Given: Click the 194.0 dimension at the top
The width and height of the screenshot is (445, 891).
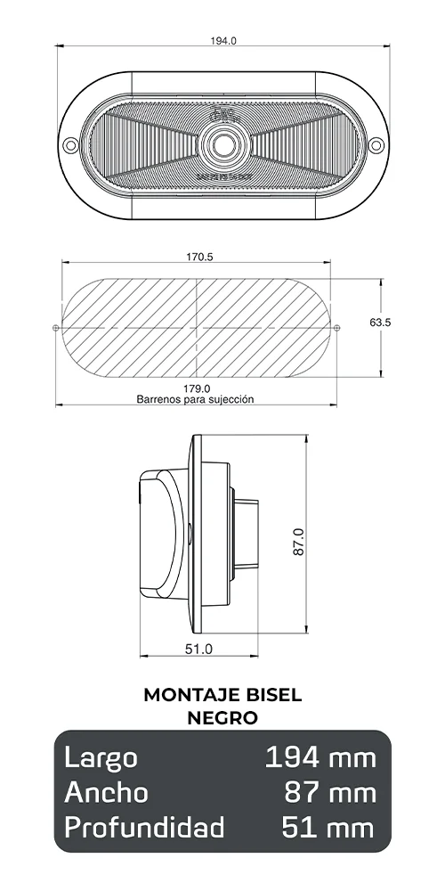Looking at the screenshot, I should (223, 40).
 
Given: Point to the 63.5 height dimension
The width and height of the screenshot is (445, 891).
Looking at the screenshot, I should (380, 323).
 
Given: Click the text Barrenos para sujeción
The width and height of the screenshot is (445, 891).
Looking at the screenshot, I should (195, 400).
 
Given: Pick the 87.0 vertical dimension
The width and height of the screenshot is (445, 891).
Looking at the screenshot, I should (299, 542).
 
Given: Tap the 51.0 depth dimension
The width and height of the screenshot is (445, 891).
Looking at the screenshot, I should (198, 649).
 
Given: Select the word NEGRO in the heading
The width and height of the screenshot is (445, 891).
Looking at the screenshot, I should (222, 716).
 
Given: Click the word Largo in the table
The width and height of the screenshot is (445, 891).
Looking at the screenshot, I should (101, 758).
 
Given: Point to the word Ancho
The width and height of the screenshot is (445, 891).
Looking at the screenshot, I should (106, 792).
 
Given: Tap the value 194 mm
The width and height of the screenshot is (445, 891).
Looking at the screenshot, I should (320, 758).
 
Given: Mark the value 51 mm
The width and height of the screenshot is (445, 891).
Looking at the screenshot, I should (329, 828).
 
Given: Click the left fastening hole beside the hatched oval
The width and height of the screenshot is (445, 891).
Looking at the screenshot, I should (56, 328).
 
